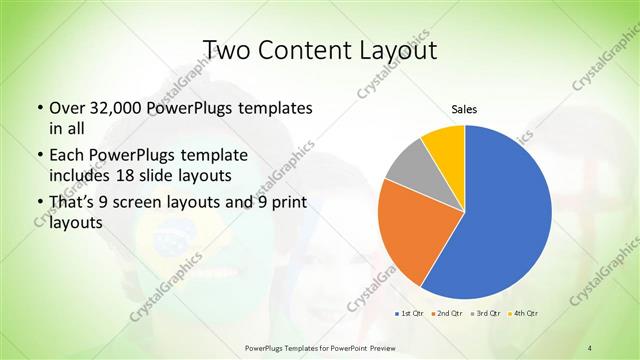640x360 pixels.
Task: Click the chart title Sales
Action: click(x=464, y=108)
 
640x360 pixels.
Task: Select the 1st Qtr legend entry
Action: click(x=408, y=313)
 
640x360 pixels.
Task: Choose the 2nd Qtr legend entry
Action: click(x=446, y=313)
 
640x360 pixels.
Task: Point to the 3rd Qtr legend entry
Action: click(x=485, y=313)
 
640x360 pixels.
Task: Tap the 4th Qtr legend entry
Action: click(x=524, y=313)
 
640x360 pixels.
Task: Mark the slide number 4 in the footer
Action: click(x=591, y=347)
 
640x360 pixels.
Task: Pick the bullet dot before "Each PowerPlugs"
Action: click(x=39, y=156)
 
